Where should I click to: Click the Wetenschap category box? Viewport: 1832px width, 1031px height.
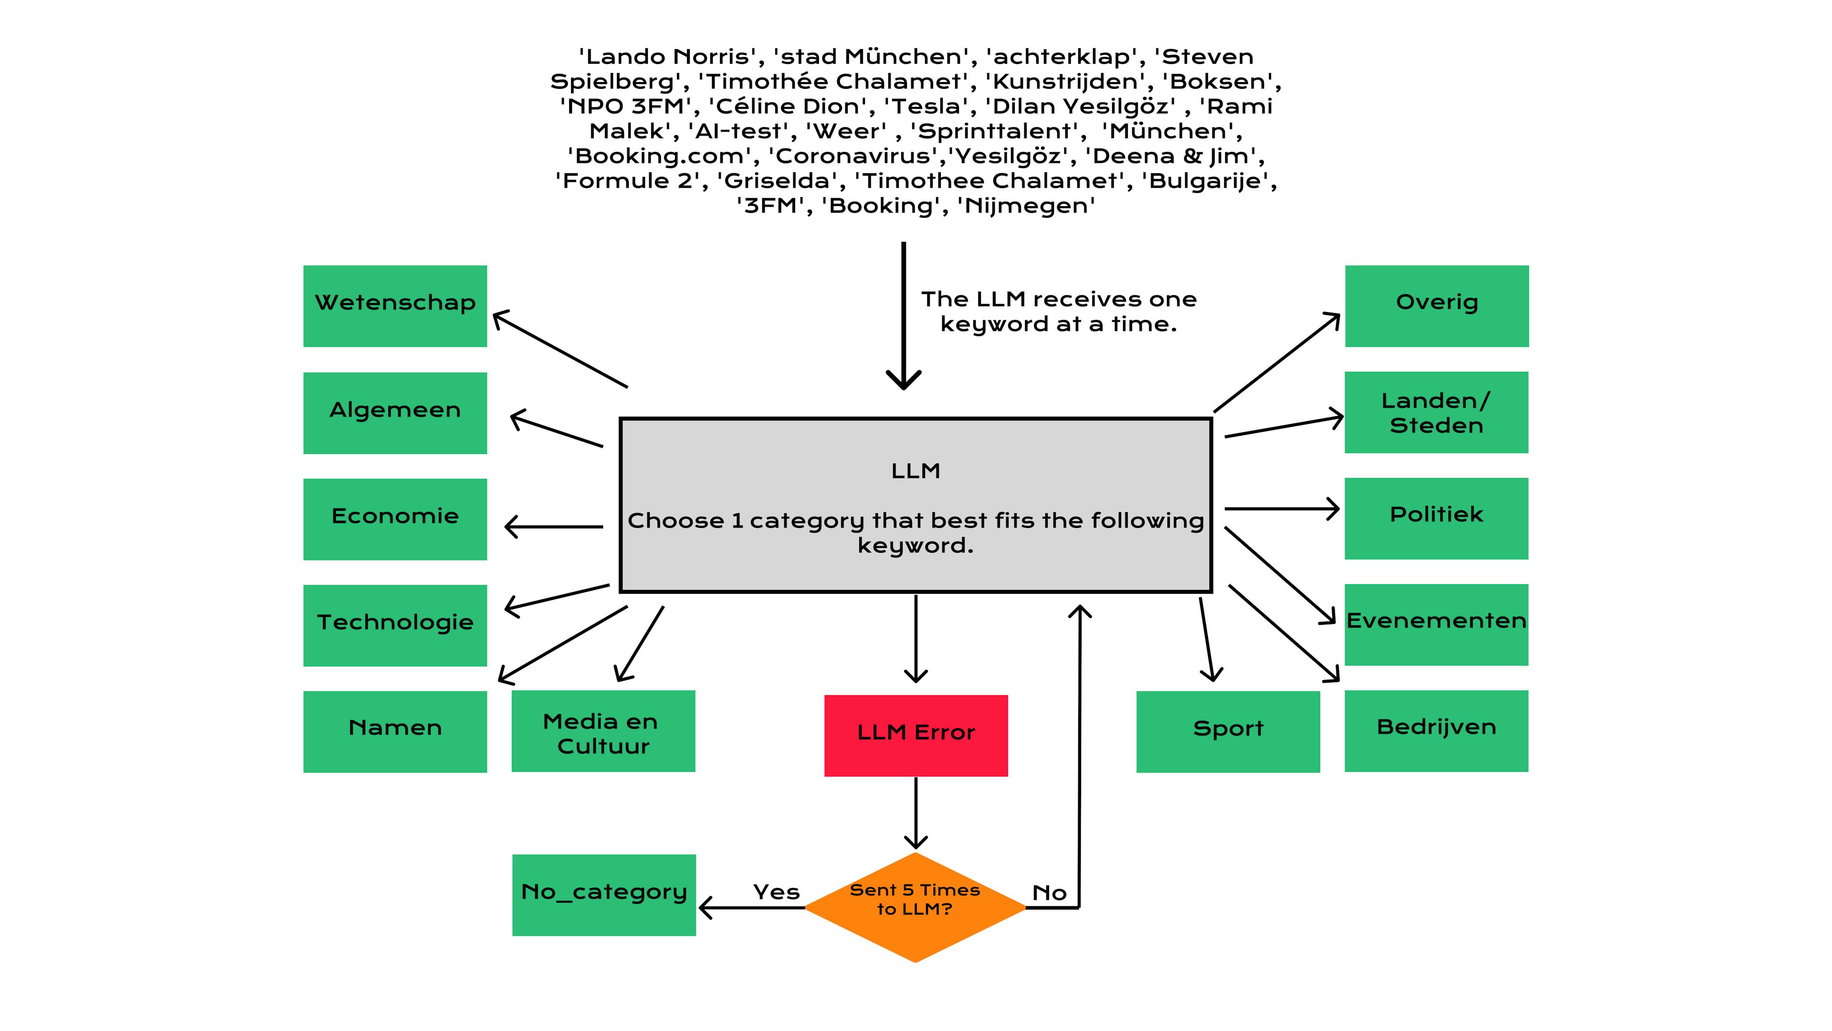click(395, 306)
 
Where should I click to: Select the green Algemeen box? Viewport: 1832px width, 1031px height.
click(395, 413)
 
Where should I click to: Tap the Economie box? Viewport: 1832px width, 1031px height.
click(395, 519)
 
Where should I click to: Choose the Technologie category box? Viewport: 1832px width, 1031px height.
click(395, 625)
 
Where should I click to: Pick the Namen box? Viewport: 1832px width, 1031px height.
click(395, 731)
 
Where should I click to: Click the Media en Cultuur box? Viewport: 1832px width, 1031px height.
click(603, 731)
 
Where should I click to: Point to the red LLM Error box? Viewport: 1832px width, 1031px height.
click(916, 735)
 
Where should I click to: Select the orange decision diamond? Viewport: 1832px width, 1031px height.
click(916, 907)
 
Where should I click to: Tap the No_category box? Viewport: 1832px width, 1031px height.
click(604, 894)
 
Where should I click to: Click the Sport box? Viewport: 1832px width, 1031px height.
click(1228, 731)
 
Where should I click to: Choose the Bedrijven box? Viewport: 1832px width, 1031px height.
click(1436, 730)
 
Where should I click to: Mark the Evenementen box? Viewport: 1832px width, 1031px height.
click(1436, 624)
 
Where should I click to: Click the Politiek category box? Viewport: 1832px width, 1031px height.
click(1436, 518)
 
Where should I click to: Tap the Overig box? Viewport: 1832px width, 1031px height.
click(1436, 306)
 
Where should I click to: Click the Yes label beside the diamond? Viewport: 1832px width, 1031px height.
click(776, 892)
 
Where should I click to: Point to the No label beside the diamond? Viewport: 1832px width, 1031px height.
click(1049, 893)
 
